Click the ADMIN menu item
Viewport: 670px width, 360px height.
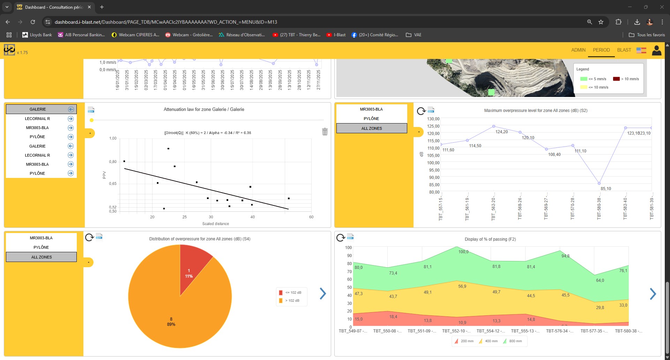pos(578,50)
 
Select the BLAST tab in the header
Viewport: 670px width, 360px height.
pos(624,50)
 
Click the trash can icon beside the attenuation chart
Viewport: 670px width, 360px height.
pos(325,132)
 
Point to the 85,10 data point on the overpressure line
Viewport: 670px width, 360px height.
pos(599,183)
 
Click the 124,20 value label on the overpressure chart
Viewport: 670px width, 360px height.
pos(501,132)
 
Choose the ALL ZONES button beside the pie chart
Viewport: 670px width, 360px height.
pos(42,257)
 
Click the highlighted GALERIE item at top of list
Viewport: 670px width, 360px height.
pos(38,109)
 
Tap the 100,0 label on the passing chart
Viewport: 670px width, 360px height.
pos(463,252)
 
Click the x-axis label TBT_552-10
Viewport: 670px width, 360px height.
pos(456,331)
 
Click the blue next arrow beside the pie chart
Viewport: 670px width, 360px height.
pos(323,294)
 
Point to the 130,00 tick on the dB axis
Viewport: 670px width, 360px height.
pos(433,119)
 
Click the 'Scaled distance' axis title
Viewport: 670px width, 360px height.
pos(216,224)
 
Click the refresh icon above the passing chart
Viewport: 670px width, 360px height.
pos(340,238)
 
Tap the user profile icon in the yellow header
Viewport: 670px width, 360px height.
pos(656,51)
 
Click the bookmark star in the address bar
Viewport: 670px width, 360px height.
pos(601,22)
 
